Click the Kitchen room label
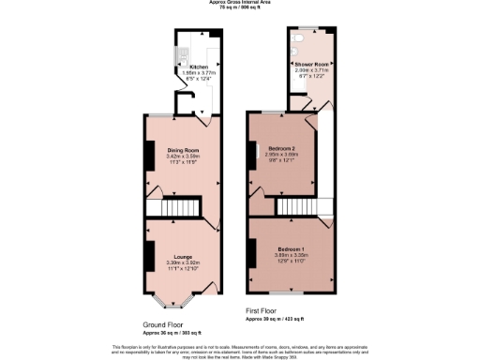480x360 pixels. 198,67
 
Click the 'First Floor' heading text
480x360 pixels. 262,309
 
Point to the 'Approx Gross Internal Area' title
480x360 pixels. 238,3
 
